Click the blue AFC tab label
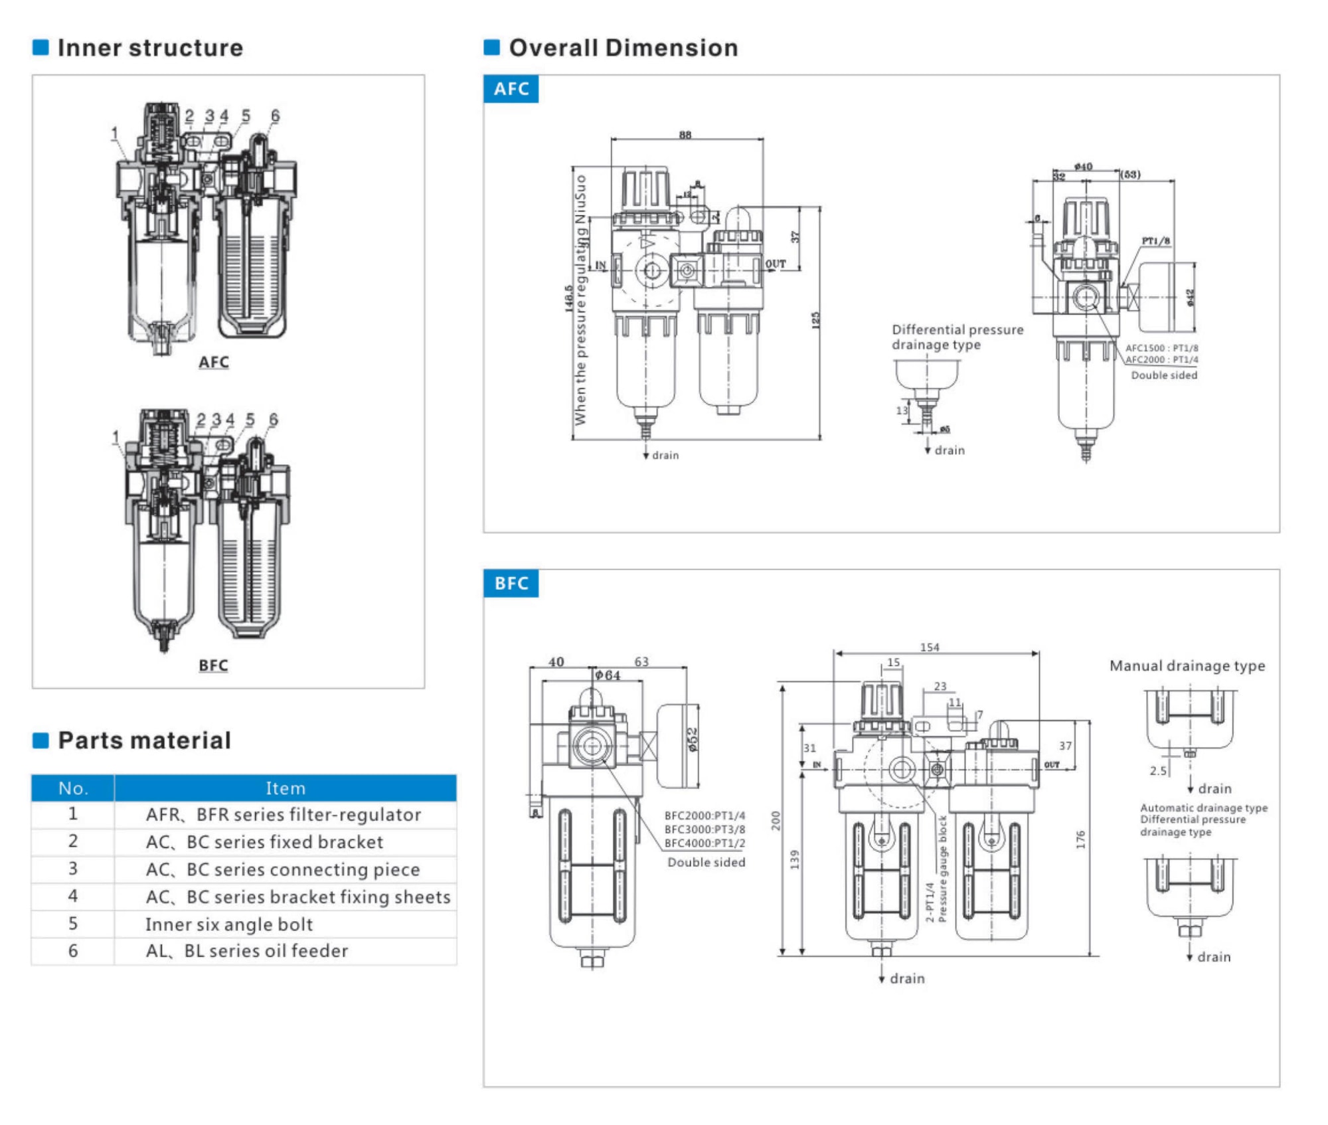pos(511,89)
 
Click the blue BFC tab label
pos(511,583)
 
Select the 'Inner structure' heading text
pos(150,48)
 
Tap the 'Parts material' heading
pos(144,740)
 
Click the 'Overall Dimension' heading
pos(623,48)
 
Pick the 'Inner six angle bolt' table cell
pos(228,924)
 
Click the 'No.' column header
pos(73,788)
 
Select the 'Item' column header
pos(286,788)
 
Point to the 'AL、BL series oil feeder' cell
pos(246,950)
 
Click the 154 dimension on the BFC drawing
pos(930,648)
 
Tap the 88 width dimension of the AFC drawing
pos(685,135)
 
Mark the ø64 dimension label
pos(607,675)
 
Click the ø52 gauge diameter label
pos(693,740)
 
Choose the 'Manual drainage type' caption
pos(1187,665)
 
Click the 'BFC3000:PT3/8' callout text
pos(705,829)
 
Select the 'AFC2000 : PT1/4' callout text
pos(1161,360)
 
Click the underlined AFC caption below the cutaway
pos(213,362)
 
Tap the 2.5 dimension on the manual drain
pos(1158,770)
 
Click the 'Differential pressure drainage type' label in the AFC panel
pos(957,337)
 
